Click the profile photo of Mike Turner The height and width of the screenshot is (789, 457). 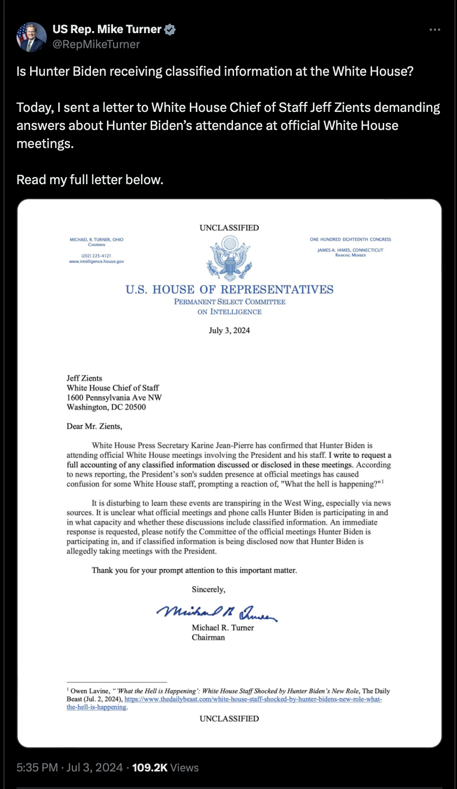pos(31,37)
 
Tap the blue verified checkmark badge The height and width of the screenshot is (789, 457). pos(170,30)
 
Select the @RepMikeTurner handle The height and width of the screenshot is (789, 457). pos(96,44)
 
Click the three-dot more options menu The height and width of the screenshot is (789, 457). pos(434,30)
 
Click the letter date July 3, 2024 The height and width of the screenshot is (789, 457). pos(229,330)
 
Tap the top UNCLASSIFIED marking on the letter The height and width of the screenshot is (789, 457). pos(229,228)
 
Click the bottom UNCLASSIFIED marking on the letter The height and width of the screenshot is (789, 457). pos(229,719)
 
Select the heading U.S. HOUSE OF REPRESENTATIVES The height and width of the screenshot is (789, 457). pos(230,290)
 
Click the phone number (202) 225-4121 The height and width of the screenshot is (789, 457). pos(96,255)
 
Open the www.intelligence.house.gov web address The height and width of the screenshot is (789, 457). pos(96,261)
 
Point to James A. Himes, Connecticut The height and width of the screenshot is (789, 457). pos(350,250)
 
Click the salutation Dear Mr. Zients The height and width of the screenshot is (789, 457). pos(94,426)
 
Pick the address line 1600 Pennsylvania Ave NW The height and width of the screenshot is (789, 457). pos(114,398)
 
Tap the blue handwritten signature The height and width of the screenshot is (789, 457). pos(217,611)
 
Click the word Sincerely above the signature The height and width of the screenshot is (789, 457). pos(208,589)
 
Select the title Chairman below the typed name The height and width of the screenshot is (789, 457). pos(208,637)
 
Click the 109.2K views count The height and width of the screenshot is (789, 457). pos(150,767)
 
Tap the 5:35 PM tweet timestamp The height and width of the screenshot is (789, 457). pos(37,767)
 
